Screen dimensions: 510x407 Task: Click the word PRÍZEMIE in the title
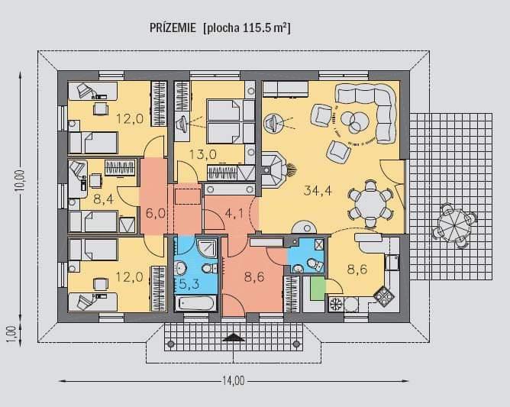(173, 27)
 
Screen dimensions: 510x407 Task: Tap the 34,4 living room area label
(318, 190)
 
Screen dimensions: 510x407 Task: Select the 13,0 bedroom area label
(202, 154)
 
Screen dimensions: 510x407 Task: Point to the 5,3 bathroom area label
(189, 284)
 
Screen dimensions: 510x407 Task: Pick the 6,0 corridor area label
(156, 213)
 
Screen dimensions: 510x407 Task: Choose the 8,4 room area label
(103, 199)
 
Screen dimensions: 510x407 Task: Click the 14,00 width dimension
(233, 380)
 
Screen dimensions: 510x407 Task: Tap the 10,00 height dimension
(20, 183)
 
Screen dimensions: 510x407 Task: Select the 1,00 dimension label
(11, 334)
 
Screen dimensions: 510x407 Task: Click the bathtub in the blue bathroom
(195, 304)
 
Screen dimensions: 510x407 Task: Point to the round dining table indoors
(370, 203)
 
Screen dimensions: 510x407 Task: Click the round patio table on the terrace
(454, 224)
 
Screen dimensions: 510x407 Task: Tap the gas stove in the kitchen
(384, 296)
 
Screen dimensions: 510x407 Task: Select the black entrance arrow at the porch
(234, 338)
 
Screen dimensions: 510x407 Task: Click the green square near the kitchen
(318, 288)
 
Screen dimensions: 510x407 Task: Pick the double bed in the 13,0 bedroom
(231, 121)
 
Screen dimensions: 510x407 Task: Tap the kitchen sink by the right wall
(392, 262)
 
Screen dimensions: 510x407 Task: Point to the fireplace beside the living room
(273, 170)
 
